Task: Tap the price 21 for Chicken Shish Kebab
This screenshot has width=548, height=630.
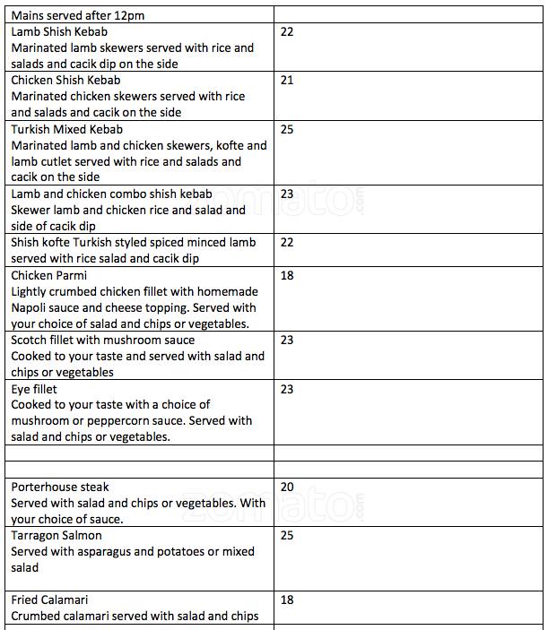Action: click(x=287, y=80)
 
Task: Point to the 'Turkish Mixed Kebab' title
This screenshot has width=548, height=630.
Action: click(x=66, y=129)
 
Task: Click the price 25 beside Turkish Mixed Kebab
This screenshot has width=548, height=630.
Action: click(x=287, y=129)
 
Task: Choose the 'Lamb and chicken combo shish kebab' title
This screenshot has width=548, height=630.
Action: click(x=111, y=194)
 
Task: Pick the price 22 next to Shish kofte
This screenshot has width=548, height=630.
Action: click(x=287, y=242)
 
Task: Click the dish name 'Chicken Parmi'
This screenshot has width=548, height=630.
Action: click(x=48, y=275)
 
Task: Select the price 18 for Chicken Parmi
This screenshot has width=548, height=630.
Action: click(x=287, y=275)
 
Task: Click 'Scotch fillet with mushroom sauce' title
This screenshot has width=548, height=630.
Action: click(x=102, y=340)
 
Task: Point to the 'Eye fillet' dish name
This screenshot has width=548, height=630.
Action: click(x=33, y=389)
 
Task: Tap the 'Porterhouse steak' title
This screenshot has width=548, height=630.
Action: click(x=59, y=487)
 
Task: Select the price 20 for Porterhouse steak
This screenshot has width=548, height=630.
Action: click(x=287, y=487)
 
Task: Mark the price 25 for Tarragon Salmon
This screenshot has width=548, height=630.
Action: click(x=287, y=535)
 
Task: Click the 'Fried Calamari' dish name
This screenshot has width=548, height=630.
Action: click(x=49, y=600)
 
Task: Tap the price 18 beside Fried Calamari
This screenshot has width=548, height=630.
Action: click(x=287, y=600)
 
